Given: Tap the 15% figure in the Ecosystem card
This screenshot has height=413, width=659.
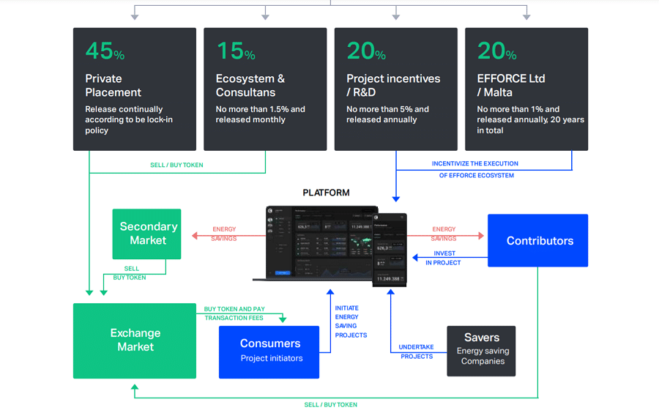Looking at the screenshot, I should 235,51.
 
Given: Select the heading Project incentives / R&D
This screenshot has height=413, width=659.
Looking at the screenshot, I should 393,85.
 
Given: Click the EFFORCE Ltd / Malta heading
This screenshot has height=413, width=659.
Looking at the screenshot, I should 511,85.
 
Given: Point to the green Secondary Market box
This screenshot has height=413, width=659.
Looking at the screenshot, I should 146,234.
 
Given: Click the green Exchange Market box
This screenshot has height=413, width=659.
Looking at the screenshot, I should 135,341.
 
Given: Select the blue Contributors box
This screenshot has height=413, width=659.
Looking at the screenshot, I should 538,240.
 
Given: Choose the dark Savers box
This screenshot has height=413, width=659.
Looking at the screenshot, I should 481,351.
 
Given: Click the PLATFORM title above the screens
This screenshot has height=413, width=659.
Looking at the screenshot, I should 326,193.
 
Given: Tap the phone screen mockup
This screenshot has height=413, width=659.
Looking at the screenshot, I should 390,249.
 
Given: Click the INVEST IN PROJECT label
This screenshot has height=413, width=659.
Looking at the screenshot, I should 444,258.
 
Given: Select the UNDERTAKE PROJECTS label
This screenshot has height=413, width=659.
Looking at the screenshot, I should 416,351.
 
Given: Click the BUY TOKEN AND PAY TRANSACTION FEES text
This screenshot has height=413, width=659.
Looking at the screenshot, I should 234,313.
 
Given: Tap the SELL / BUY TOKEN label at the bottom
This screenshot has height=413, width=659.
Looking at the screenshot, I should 330,404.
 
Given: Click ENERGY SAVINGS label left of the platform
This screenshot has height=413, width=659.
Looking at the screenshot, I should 224,234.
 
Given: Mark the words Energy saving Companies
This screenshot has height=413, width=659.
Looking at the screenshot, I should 483,356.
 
